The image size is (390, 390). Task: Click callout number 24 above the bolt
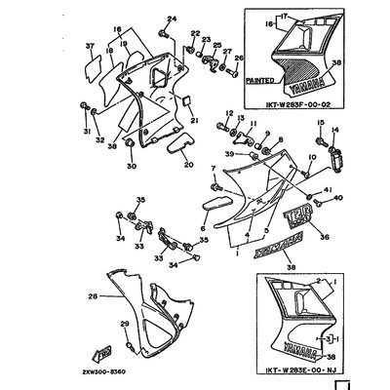pyautogui.click(x=172, y=19)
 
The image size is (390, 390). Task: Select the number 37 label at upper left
pyautogui.click(x=88, y=47)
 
